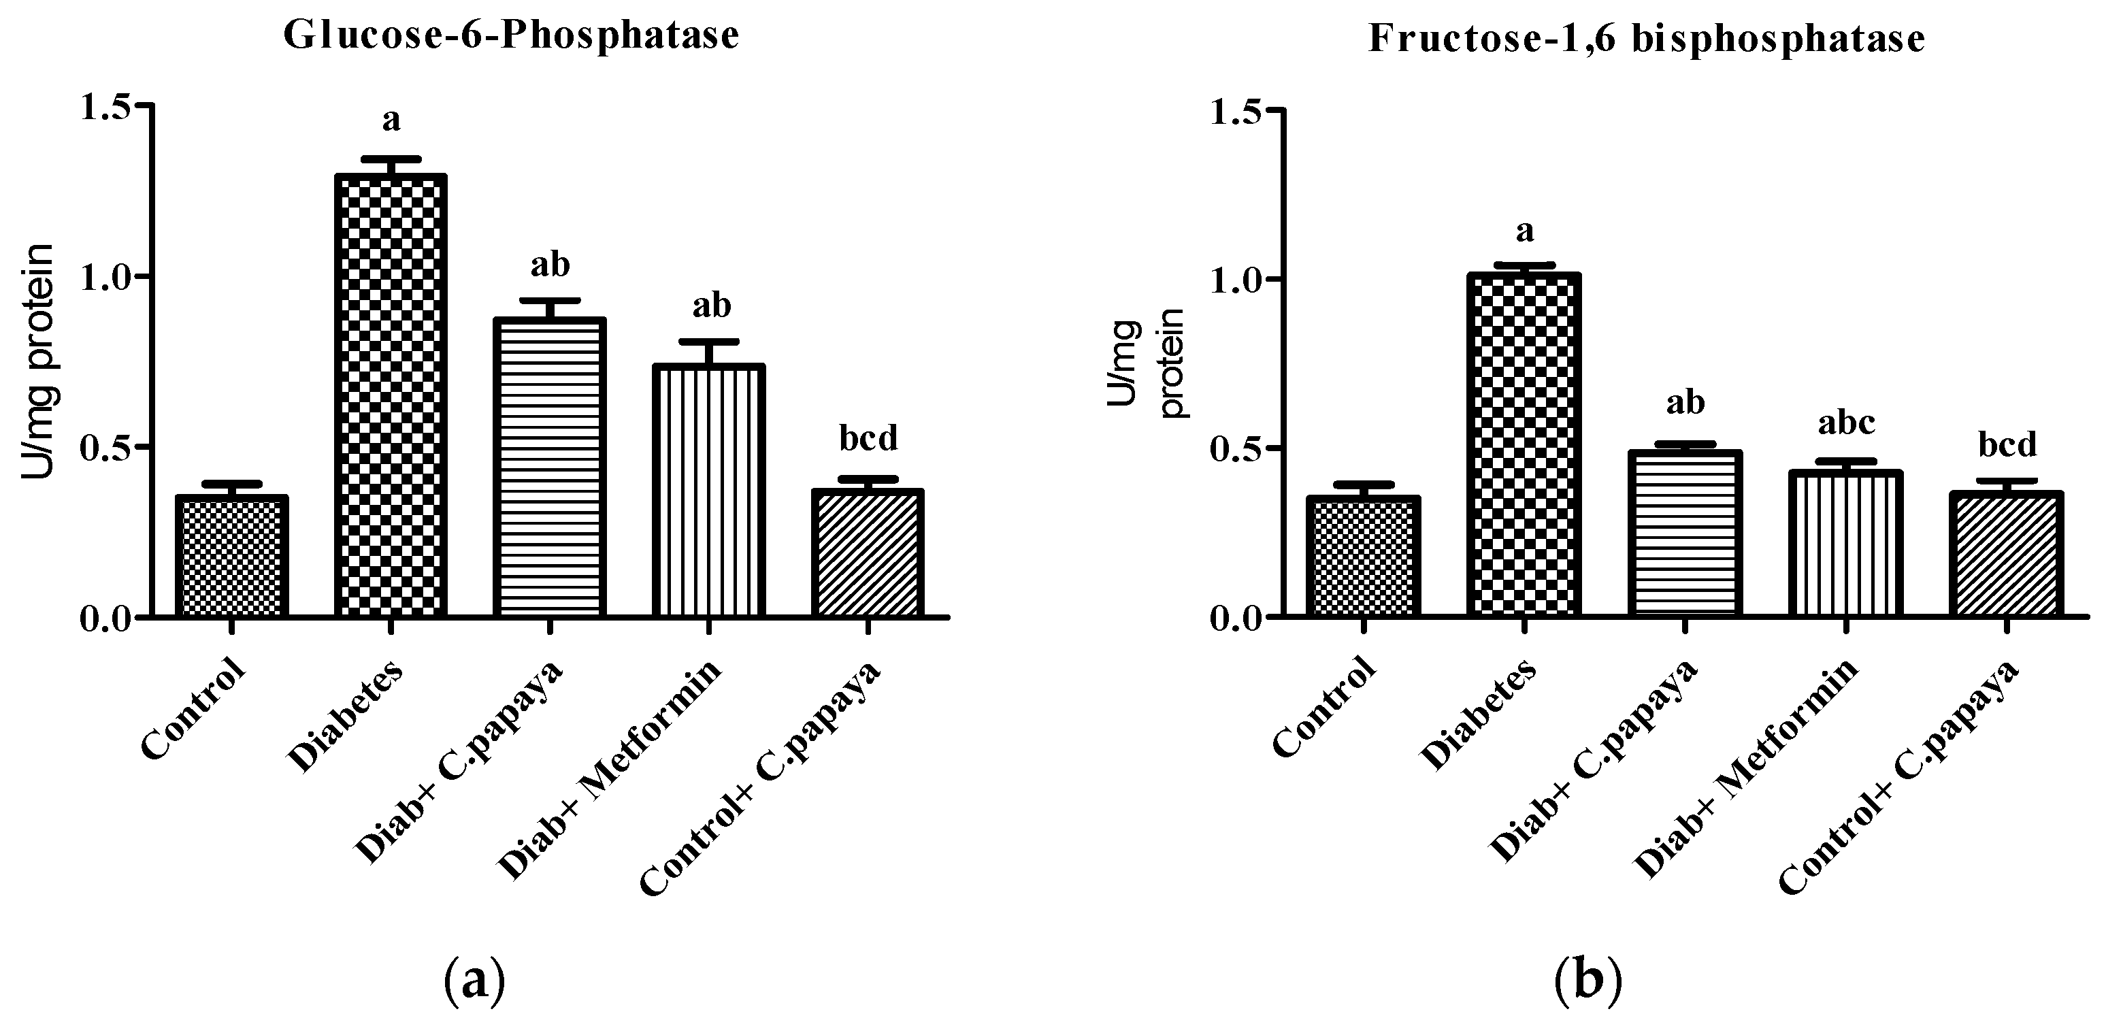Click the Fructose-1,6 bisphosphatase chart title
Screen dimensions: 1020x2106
coord(1647,38)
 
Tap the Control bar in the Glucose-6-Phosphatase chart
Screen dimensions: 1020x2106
coord(231,556)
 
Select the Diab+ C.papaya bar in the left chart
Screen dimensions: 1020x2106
coord(549,467)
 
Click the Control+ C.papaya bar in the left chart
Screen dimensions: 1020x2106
coord(868,553)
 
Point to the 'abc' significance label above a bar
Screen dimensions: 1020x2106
coord(1845,423)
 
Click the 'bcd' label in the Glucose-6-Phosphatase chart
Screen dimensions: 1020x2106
coord(868,439)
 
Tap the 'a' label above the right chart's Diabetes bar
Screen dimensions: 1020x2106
coord(1524,231)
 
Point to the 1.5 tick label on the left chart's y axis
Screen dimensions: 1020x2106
coord(107,107)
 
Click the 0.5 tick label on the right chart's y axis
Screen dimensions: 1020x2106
coord(1238,448)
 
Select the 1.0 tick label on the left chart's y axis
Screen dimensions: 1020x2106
coord(107,277)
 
